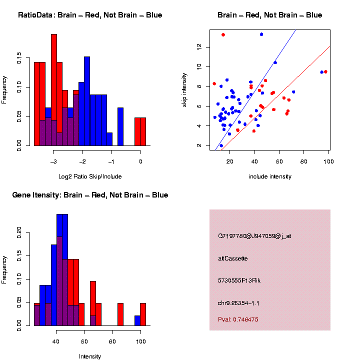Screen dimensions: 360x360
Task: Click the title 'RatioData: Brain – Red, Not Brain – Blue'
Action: tap(90, 15)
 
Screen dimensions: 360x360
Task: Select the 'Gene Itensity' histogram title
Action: tap(90, 194)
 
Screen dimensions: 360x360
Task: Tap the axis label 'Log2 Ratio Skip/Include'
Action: tap(90, 176)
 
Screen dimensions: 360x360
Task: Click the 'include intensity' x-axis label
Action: tap(270, 176)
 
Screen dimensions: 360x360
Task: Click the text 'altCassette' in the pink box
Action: tap(233, 258)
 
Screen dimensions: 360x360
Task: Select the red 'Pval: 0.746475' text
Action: tap(238, 319)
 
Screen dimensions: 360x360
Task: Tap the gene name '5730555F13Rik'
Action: tap(239, 280)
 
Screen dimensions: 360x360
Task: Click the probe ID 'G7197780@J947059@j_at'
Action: tap(254, 235)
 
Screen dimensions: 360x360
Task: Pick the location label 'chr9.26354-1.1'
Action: tap(238, 303)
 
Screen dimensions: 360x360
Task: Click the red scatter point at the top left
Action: tap(223, 34)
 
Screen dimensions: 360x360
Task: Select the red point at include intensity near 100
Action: tap(325, 71)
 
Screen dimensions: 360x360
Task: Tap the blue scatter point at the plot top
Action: tap(261, 34)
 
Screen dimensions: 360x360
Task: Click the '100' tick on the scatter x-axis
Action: tap(328, 161)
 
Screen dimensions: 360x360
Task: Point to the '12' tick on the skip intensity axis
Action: tap(199, 46)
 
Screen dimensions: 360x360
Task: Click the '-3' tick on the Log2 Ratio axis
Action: tap(54, 161)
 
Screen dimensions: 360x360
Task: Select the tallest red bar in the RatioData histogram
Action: tap(54, 90)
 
